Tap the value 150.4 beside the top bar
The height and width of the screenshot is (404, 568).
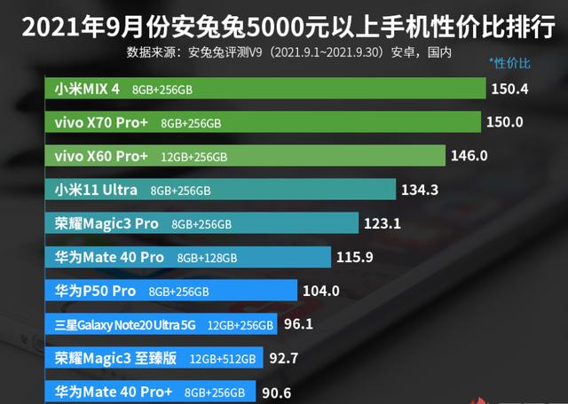tap(510, 89)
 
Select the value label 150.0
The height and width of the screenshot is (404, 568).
tap(505, 122)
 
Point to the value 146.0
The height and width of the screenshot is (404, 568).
tap(469, 156)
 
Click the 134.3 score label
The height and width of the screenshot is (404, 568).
tap(420, 190)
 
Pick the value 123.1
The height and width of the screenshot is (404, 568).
tap(383, 223)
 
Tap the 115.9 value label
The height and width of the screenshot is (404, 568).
tap(354, 258)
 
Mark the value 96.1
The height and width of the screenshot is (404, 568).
tap(298, 324)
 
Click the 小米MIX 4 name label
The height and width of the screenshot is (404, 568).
tap(87, 89)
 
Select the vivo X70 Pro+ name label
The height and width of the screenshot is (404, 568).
tap(102, 122)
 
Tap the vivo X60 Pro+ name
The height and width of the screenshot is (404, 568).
tap(102, 156)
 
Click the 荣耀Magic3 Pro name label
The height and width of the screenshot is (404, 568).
tap(106, 223)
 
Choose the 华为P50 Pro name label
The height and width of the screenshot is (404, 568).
tap(95, 291)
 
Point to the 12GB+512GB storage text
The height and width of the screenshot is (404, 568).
tap(222, 359)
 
